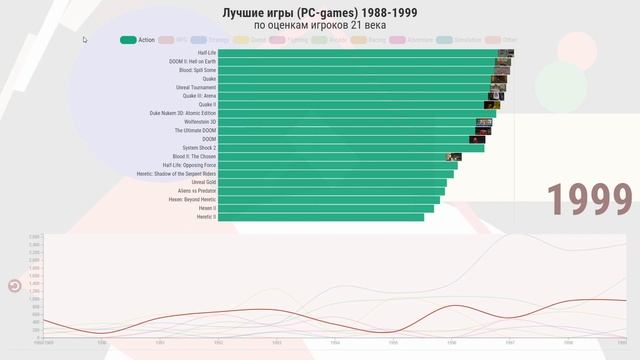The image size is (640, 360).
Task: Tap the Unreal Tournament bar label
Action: (196, 87)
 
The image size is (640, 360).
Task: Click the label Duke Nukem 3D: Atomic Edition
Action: (183, 113)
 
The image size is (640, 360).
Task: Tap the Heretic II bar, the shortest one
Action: (321, 217)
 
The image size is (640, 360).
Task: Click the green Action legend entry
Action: (137, 40)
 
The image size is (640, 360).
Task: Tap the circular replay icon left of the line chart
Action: (15, 286)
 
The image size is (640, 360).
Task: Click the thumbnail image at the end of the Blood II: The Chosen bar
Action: (454, 157)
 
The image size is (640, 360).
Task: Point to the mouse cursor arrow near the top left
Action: (85, 40)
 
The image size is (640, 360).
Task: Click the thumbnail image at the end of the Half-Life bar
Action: (506, 53)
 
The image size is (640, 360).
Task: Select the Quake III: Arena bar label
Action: (199, 96)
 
